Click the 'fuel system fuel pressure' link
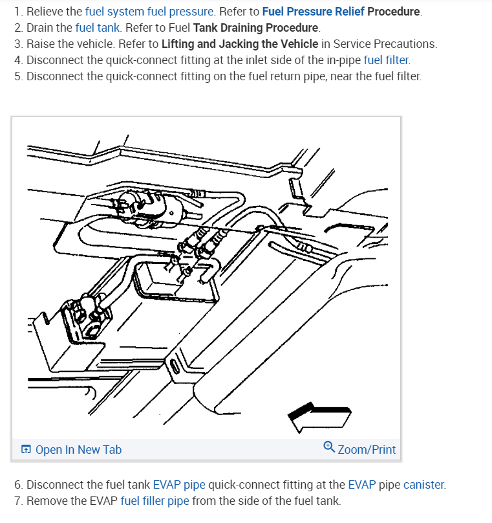[x=149, y=12]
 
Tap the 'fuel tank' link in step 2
[x=94, y=28]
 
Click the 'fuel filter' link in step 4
[x=386, y=60]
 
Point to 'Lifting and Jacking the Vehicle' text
[x=240, y=44]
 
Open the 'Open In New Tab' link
[x=78, y=449]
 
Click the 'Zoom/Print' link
[x=367, y=449]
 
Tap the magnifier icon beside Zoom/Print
[x=329, y=448]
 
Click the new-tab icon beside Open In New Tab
[x=26, y=449]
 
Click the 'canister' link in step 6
[x=423, y=484]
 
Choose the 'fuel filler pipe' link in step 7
[x=155, y=500]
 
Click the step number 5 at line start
[x=17, y=76]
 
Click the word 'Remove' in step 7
[x=47, y=500]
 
